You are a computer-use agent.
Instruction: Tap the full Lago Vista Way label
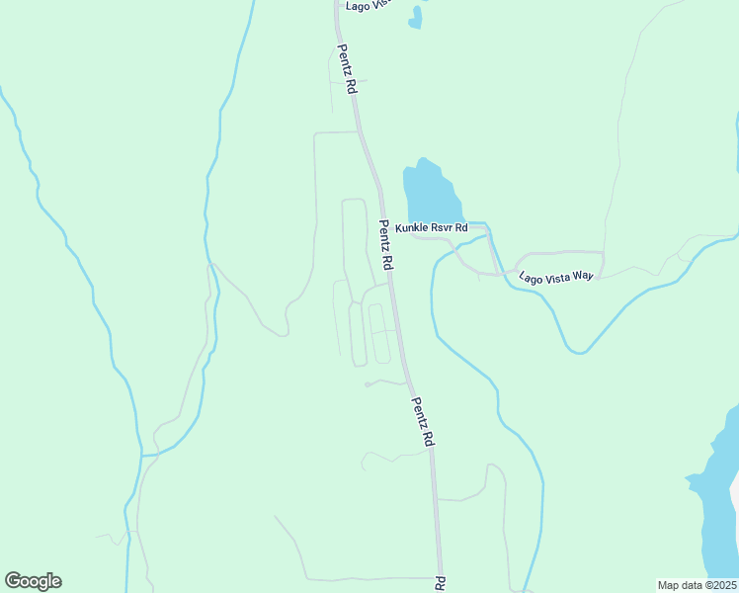click(556, 277)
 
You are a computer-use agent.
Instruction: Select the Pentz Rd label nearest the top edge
click(347, 68)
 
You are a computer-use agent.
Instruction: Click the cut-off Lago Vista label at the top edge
click(369, 5)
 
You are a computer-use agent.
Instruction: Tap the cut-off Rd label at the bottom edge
click(441, 584)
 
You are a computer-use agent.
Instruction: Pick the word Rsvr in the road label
click(443, 228)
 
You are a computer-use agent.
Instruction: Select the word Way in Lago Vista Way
click(581, 277)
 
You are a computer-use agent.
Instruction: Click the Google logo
click(33, 581)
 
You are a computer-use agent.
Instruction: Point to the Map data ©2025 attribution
click(697, 585)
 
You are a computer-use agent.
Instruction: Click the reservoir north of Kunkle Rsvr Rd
click(431, 193)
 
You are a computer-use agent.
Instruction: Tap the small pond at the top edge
click(415, 17)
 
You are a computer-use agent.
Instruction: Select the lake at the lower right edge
click(716, 504)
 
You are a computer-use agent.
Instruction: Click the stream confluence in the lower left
click(143, 456)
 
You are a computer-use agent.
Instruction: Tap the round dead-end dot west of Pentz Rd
click(367, 384)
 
